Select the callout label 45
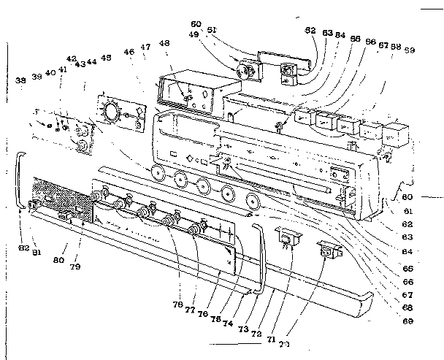tap(107, 58)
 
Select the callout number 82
tap(24, 248)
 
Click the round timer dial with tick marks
tap(111, 112)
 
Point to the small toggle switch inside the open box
tap(188, 96)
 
